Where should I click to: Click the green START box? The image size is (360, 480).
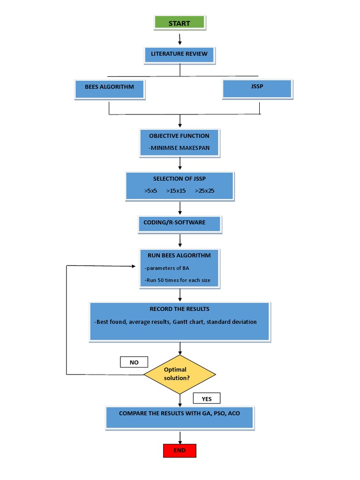point(180,23)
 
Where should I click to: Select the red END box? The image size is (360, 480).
point(180,450)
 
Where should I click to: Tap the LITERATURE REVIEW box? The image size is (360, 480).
point(179,54)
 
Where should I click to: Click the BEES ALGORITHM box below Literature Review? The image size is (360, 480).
point(109,89)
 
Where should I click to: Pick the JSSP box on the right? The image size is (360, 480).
point(257,88)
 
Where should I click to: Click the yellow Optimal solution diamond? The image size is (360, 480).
point(180,374)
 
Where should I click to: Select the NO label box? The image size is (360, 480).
point(134,362)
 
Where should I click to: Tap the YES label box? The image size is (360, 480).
point(207,399)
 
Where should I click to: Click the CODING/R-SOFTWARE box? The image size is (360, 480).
point(180,224)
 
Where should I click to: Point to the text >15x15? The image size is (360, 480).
point(176,191)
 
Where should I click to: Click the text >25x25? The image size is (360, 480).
point(204,191)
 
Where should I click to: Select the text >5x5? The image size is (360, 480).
point(150,191)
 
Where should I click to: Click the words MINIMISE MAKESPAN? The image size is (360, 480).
point(179,148)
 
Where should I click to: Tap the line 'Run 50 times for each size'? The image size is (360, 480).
point(177,280)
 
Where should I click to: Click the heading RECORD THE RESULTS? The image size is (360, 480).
point(180,309)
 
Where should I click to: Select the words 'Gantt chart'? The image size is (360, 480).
point(187,322)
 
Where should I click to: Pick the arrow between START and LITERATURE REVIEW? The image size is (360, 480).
point(180,39)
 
